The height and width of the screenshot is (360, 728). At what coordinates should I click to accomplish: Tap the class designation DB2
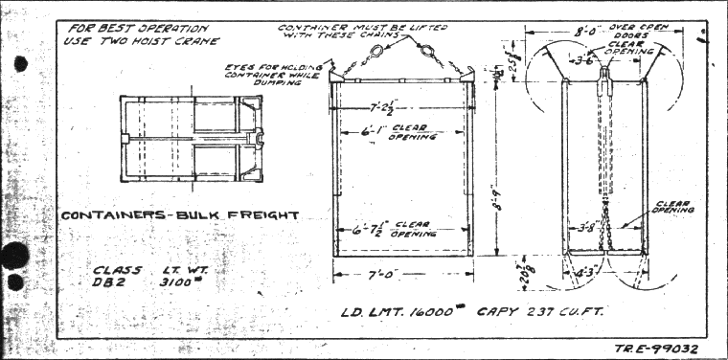point(109,283)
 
